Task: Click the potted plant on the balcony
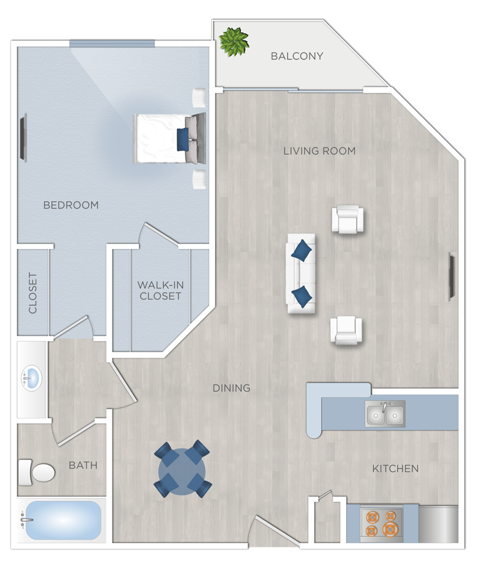click(x=234, y=42)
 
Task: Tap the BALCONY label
click(x=297, y=56)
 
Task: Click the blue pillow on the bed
click(x=182, y=139)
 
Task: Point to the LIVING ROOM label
click(x=319, y=151)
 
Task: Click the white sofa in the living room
click(x=301, y=273)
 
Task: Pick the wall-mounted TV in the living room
click(x=452, y=277)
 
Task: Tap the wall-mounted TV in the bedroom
click(x=23, y=139)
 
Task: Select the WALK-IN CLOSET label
click(x=160, y=291)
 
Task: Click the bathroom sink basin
click(x=32, y=379)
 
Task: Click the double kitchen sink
click(x=385, y=414)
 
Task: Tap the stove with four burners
click(x=381, y=523)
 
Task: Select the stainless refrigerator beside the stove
click(x=438, y=524)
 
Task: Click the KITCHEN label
click(x=396, y=469)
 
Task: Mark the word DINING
click(x=231, y=388)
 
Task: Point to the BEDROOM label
click(x=71, y=205)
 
